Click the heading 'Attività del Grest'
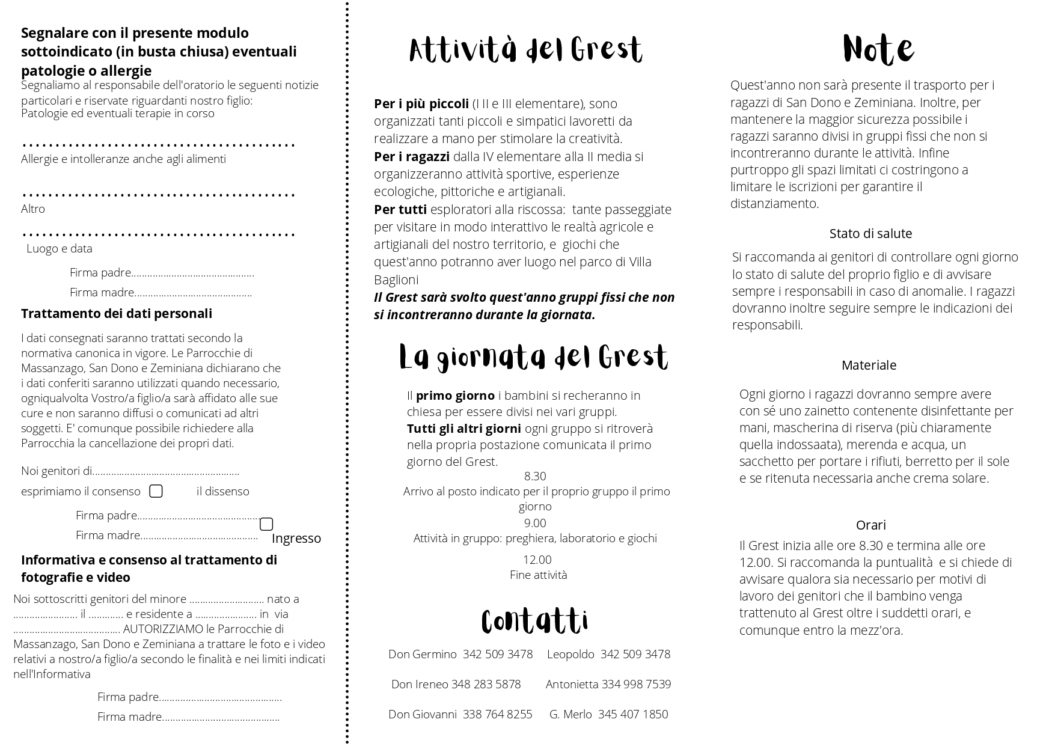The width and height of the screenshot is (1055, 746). [x=525, y=50]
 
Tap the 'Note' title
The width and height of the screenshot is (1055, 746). [x=878, y=49]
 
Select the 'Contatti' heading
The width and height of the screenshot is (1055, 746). [x=534, y=621]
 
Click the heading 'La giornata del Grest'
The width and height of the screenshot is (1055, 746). [x=533, y=357]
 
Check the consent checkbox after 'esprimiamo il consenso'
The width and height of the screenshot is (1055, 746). [x=156, y=491]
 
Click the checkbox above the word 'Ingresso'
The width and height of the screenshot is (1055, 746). [x=266, y=524]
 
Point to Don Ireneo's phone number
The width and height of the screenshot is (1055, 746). [x=486, y=684]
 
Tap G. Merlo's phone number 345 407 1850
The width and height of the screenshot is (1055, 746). [x=633, y=714]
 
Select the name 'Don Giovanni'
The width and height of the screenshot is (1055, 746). [x=423, y=714]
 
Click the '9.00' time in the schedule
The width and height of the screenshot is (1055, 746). [x=535, y=523]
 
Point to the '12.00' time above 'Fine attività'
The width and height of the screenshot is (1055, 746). [x=537, y=560]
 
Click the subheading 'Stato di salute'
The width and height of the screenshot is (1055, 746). [x=870, y=233]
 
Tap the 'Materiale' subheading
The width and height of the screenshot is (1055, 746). [x=869, y=365]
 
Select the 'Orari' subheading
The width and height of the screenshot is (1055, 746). [x=870, y=525]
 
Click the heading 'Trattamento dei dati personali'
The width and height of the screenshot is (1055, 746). [x=117, y=313]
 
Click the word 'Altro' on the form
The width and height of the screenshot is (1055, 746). [x=33, y=209]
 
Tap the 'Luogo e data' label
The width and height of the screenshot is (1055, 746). [x=60, y=248]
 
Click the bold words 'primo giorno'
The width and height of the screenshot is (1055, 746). [x=455, y=396]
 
